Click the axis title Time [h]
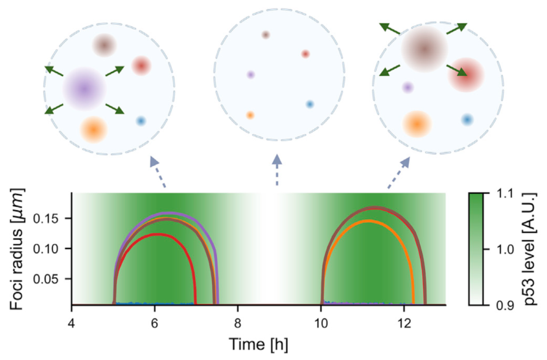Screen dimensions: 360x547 pyautogui.click(x=259, y=342)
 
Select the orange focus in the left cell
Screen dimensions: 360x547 pyautogui.click(x=93, y=128)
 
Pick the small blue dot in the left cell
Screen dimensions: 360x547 pyautogui.click(x=141, y=121)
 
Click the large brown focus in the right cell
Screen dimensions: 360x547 pyautogui.click(x=424, y=49)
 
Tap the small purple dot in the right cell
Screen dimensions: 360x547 pyautogui.click(x=408, y=87)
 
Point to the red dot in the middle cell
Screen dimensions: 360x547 pyautogui.click(x=305, y=54)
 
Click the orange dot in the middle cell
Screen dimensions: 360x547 pyautogui.click(x=250, y=115)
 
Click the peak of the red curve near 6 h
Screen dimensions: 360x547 pyautogui.click(x=156, y=234)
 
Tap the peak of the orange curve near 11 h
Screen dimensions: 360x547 pyautogui.click(x=368, y=221)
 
